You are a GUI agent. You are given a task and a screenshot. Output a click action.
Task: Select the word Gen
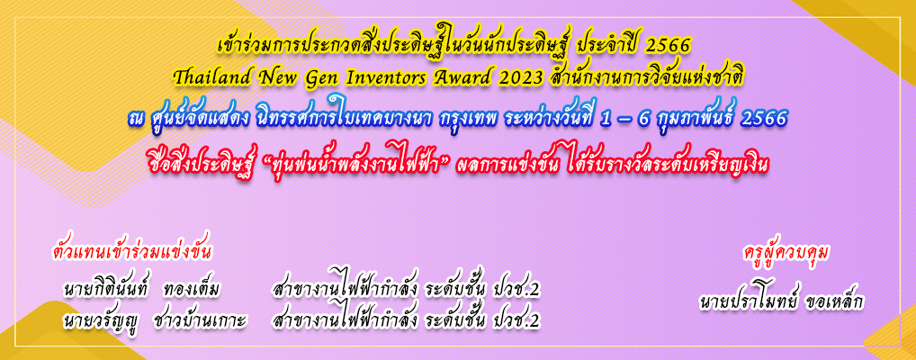click(x=324, y=76)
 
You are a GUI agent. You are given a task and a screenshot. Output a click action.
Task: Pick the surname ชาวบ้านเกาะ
click(x=200, y=320)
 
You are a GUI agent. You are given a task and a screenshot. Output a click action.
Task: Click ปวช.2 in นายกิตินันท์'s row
click(x=516, y=290)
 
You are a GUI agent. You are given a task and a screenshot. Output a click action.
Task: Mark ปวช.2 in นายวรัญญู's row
click(x=516, y=320)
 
